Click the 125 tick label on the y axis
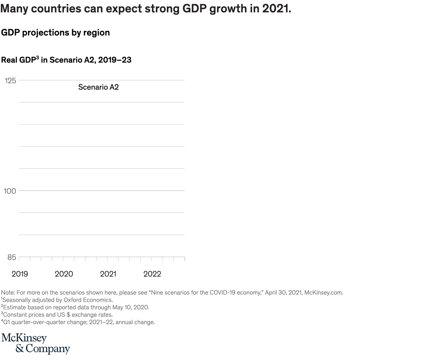(10, 80)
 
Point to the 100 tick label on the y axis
(10, 191)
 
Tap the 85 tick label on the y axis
(11, 257)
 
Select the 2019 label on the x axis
(20, 274)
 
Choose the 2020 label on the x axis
(64, 274)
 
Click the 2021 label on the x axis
(108, 274)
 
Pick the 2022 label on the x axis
(152, 274)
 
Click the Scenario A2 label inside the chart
(98, 87)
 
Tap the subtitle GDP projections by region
(56, 33)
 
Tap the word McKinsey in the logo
(24, 339)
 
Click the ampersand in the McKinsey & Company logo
(19, 349)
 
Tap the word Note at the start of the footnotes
(8, 293)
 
